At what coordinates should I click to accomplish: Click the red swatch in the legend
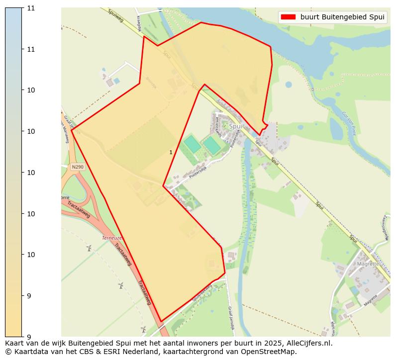(x=288, y=17)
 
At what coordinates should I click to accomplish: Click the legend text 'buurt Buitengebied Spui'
(x=342, y=17)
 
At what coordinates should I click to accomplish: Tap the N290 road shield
(x=78, y=167)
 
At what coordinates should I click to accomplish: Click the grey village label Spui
(x=236, y=126)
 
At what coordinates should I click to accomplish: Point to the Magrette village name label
(x=368, y=265)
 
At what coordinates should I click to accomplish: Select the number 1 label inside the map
(x=171, y=152)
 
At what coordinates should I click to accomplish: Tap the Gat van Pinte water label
(x=349, y=120)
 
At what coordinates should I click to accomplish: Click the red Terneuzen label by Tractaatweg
(x=112, y=238)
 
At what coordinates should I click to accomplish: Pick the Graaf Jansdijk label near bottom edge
(x=231, y=315)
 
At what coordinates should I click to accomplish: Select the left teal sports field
(x=192, y=144)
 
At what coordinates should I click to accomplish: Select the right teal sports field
(x=211, y=145)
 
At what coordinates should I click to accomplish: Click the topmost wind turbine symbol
(x=89, y=248)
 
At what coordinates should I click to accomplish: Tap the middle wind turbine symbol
(x=120, y=285)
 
